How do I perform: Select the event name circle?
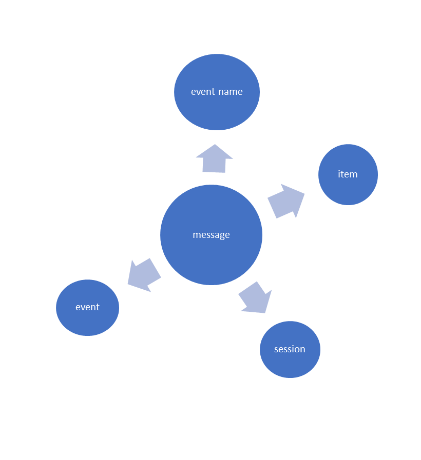[x=217, y=110]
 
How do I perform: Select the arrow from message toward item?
[x=285, y=202]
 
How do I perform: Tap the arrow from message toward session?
[x=255, y=297]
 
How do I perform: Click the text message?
[x=211, y=235]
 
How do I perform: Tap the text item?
[x=348, y=174]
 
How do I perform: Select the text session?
[x=290, y=349]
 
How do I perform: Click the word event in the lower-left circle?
[x=87, y=307]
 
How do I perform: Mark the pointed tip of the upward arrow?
[x=215, y=146]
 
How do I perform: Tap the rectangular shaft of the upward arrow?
[x=214, y=166]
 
